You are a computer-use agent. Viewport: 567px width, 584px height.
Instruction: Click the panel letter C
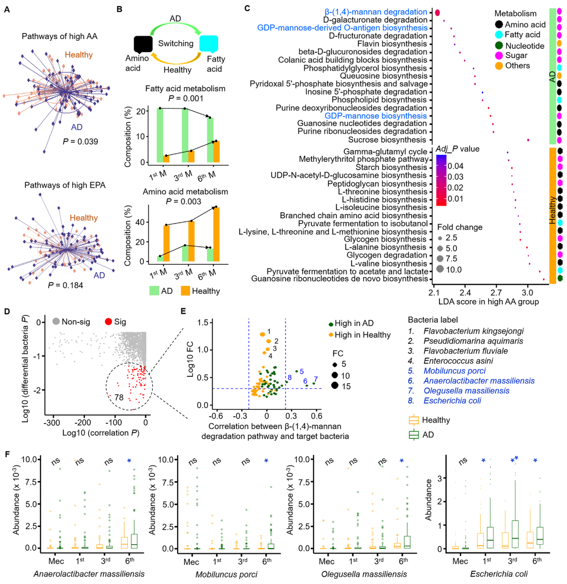pos(247,8)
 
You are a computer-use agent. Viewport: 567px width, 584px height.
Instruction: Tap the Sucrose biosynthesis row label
pos(388,140)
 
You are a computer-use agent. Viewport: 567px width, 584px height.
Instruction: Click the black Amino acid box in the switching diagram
pos(143,44)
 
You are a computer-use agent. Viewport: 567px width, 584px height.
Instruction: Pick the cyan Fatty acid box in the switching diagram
pos(209,44)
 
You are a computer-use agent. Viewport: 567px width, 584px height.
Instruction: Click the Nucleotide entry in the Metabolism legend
pos(524,46)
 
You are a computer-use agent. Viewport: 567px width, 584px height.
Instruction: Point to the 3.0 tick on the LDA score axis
pos(527,293)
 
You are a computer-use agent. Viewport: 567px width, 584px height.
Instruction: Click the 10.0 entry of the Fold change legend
pos(454,270)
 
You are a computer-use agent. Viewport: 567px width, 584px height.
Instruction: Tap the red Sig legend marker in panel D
pos(109,321)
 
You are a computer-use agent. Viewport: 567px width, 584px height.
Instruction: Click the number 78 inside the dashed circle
pos(119,397)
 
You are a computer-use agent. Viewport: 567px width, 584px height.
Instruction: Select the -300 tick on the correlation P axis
pos(52,423)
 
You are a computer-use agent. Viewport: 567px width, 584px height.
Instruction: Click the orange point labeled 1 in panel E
pos(263,334)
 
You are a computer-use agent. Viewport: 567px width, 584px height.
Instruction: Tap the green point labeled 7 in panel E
pos(314,383)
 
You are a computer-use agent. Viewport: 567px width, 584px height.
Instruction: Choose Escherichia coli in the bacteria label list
pos(452,401)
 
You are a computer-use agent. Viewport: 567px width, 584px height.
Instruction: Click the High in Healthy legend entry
pos(362,335)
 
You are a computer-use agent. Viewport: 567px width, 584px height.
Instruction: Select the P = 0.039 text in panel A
pos(80,141)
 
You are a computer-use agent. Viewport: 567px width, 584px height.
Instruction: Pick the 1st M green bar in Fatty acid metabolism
pos(160,135)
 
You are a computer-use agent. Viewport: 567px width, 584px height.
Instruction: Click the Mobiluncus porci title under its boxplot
pos(226,574)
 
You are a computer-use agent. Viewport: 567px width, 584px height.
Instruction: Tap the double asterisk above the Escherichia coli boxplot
pos(514,460)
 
